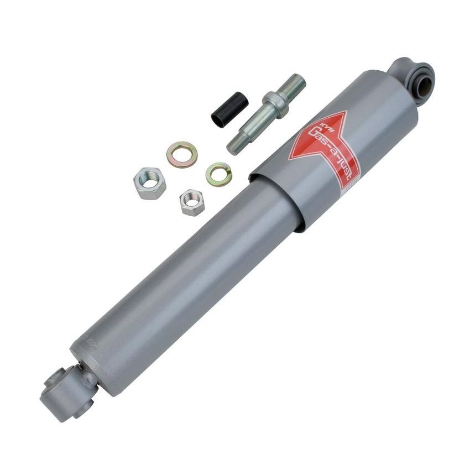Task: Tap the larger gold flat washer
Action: click(x=182, y=155)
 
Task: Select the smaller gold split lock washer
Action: click(x=218, y=174)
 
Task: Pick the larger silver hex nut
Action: click(x=150, y=184)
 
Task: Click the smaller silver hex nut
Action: click(x=192, y=202)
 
